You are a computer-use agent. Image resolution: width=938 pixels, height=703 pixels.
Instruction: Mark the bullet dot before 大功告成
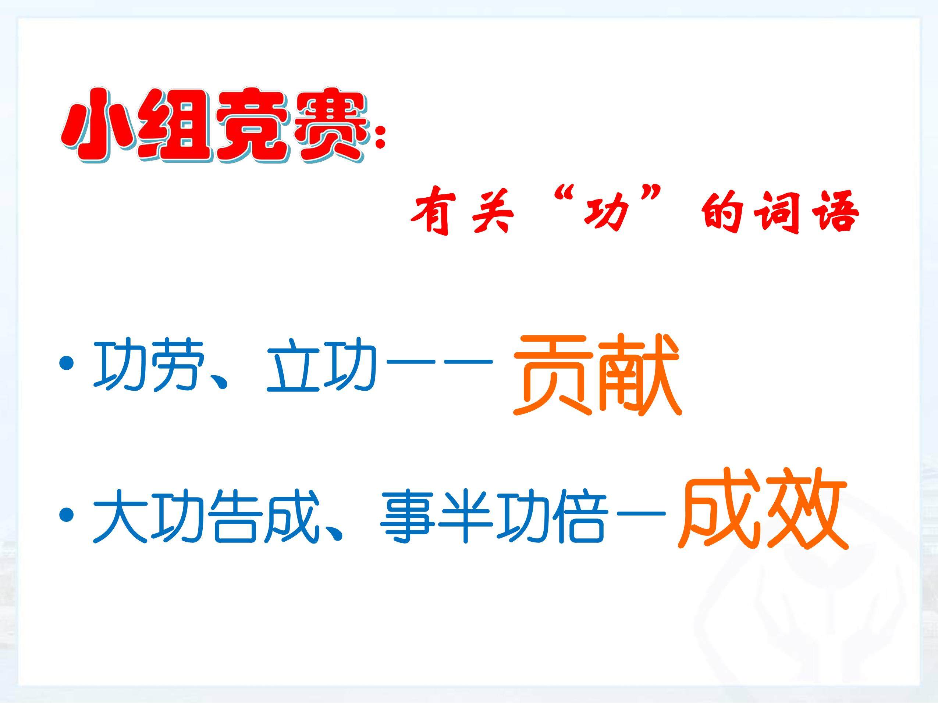67,515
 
